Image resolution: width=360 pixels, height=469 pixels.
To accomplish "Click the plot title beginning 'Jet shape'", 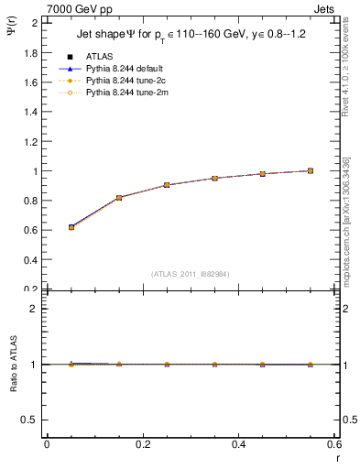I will click(191, 35).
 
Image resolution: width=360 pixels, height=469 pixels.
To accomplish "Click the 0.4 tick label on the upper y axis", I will click(30, 259).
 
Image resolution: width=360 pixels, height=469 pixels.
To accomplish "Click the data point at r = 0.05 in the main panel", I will click(71, 227).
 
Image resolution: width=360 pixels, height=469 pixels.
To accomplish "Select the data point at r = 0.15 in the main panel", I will click(119, 198).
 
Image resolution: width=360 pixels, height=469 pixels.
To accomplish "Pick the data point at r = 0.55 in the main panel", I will click(311, 170).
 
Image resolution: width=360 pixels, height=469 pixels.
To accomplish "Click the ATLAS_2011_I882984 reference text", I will click(190, 274).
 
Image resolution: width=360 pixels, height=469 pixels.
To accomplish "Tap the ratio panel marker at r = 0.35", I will click(214, 365).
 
